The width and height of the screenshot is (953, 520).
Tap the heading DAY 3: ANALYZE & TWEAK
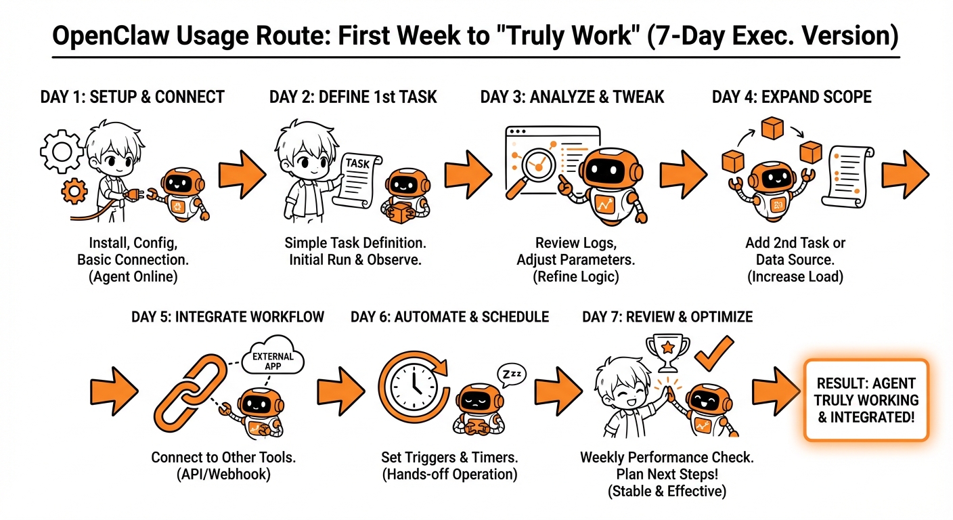(572, 97)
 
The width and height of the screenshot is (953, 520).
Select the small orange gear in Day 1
(74, 191)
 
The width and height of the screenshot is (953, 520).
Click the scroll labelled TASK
(357, 180)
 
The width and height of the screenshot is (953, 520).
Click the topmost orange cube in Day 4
(772, 128)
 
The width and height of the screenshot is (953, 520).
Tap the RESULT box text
(866, 400)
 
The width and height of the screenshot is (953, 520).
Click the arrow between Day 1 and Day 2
(242, 174)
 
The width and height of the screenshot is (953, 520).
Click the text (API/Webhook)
(223, 474)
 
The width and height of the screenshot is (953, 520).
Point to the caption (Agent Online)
(133, 277)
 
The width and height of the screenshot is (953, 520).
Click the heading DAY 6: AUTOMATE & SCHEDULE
(449, 317)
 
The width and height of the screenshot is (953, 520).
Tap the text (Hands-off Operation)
(449, 474)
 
